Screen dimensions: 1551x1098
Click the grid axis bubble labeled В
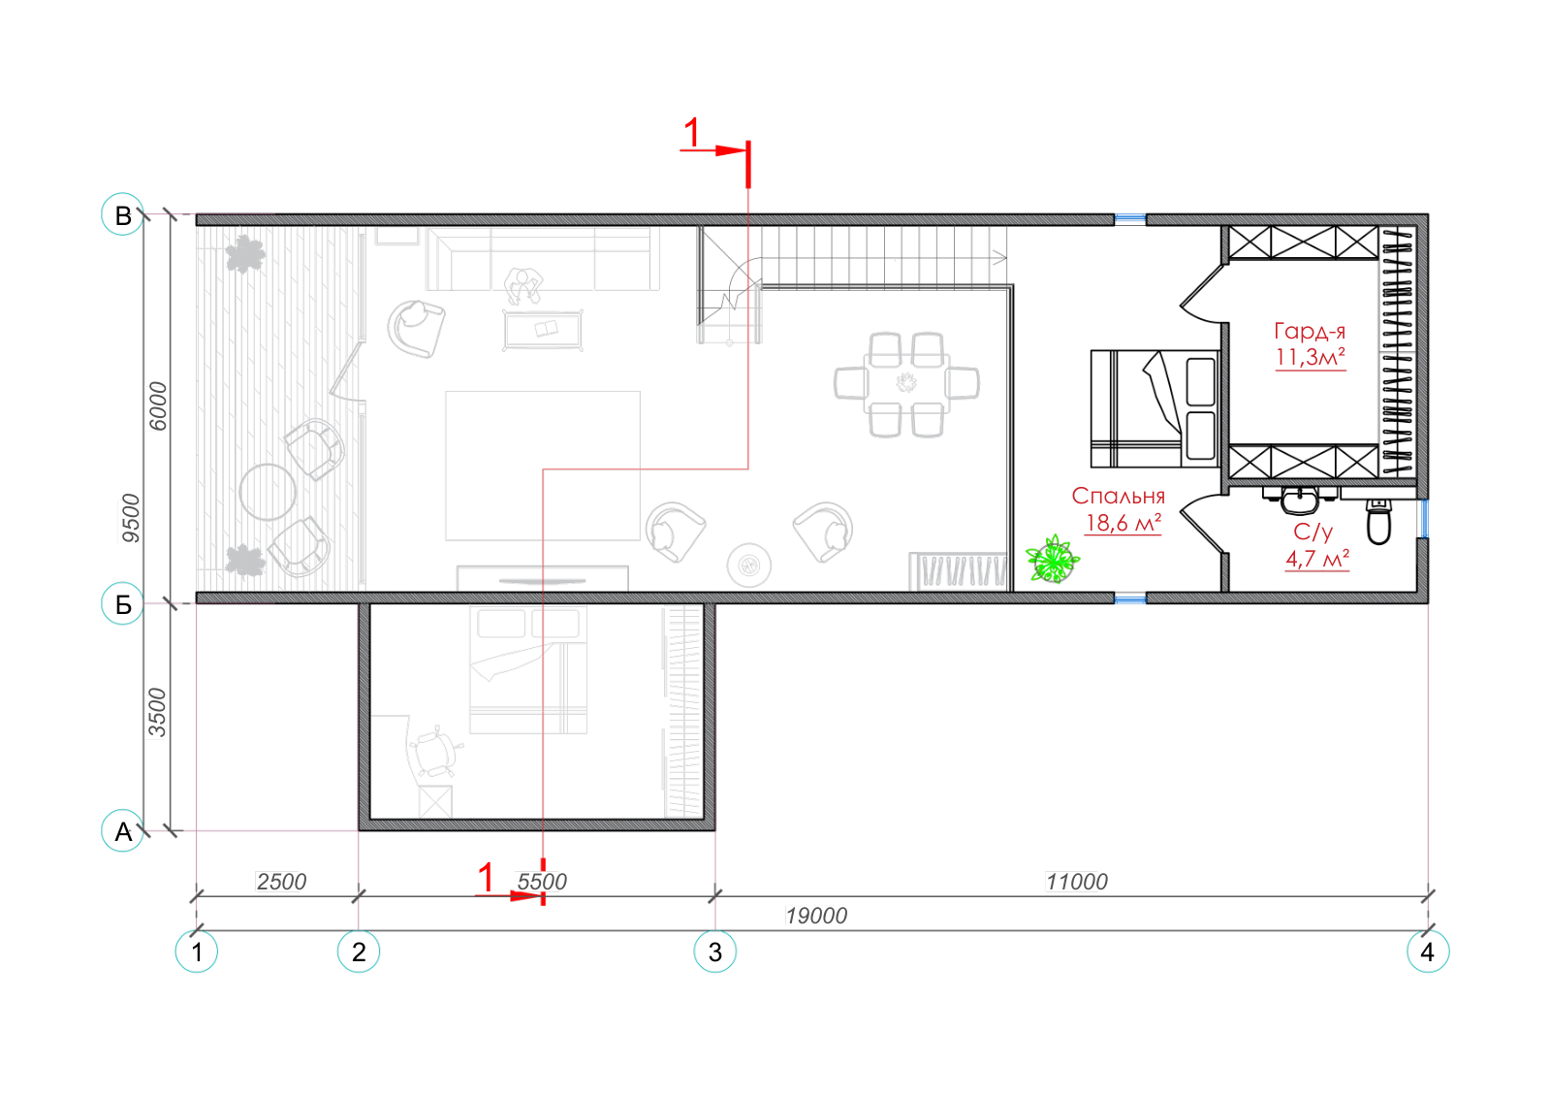tap(122, 214)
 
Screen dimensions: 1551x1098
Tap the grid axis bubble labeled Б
tap(122, 604)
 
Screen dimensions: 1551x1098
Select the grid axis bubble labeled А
tap(122, 830)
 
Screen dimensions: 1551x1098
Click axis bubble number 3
tap(715, 952)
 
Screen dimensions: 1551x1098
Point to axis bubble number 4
tap(1428, 952)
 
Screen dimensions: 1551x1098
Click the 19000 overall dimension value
tap(816, 916)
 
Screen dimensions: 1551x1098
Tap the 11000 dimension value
tap(1077, 882)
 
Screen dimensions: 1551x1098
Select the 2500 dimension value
tap(281, 882)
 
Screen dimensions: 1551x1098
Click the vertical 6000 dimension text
tap(159, 406)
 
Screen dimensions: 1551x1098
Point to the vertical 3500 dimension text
tap(158, 714)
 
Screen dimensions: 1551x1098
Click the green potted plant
tap(1053, 559)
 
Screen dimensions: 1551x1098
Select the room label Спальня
tap(1119, 496)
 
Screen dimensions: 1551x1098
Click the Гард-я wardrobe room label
tap(1310, 331)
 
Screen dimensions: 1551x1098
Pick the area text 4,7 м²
tap(1317, 559)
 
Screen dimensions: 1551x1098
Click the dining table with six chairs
tap(906, 384)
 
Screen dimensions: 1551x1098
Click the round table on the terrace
tap(268, 492)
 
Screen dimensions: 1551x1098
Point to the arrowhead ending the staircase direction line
tap(1000, 258)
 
